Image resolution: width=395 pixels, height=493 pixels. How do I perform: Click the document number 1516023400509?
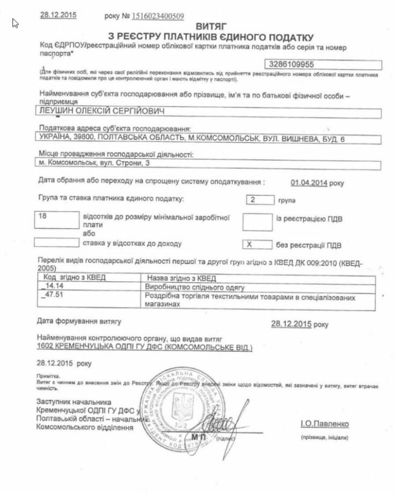pyautogui.click(x=158, y=16)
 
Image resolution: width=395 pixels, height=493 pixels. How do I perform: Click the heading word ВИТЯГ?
pyautogui.click(x=211, y=25)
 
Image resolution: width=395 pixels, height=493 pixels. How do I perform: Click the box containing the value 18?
pyautogui.click(x=55, y=218)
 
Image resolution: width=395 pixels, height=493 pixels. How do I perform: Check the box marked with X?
pyautogui.click(x=257, y=244)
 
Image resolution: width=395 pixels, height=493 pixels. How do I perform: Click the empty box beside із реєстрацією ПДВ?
pyautogui.click(x=257, y=221)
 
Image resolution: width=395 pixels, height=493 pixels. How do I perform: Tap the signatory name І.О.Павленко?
pyautogui.click(x=324, y=424)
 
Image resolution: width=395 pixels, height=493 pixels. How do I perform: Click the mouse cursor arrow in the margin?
pyautogui.click(x=15, y=24)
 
